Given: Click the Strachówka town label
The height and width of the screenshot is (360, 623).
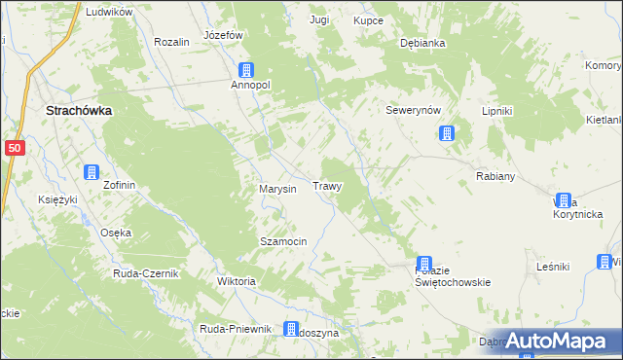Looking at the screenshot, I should click(79, 111).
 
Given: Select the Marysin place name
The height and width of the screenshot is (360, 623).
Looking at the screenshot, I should click(276, 188).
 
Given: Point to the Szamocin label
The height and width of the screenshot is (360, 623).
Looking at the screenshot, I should click(283, 240).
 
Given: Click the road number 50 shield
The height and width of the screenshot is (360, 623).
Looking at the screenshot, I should click(14, 147).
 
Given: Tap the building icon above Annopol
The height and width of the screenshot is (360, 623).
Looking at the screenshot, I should click(247, 70).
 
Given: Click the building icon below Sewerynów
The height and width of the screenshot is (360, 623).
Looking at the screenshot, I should click(446, 133).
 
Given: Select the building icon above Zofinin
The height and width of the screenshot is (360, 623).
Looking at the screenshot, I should click(91, 172).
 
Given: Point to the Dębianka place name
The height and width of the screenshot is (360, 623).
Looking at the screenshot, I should click(422, 44).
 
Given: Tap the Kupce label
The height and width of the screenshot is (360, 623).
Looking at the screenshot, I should click(369, 20).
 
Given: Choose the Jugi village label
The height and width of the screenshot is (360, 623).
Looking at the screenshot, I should click(319, 19).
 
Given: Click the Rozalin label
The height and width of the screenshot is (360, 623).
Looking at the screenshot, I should click(171, 43).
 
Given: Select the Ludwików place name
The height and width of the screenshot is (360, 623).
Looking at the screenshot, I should click(108, 12).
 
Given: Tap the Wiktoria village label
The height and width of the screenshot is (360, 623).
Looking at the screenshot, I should click(237, 281).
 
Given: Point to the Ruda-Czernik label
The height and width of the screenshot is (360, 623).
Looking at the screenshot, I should click(146, 273).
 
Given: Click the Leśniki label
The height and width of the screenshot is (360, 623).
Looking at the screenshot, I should click(552, 266).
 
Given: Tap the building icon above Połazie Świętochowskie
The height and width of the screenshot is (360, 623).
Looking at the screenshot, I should click(424, 264).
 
